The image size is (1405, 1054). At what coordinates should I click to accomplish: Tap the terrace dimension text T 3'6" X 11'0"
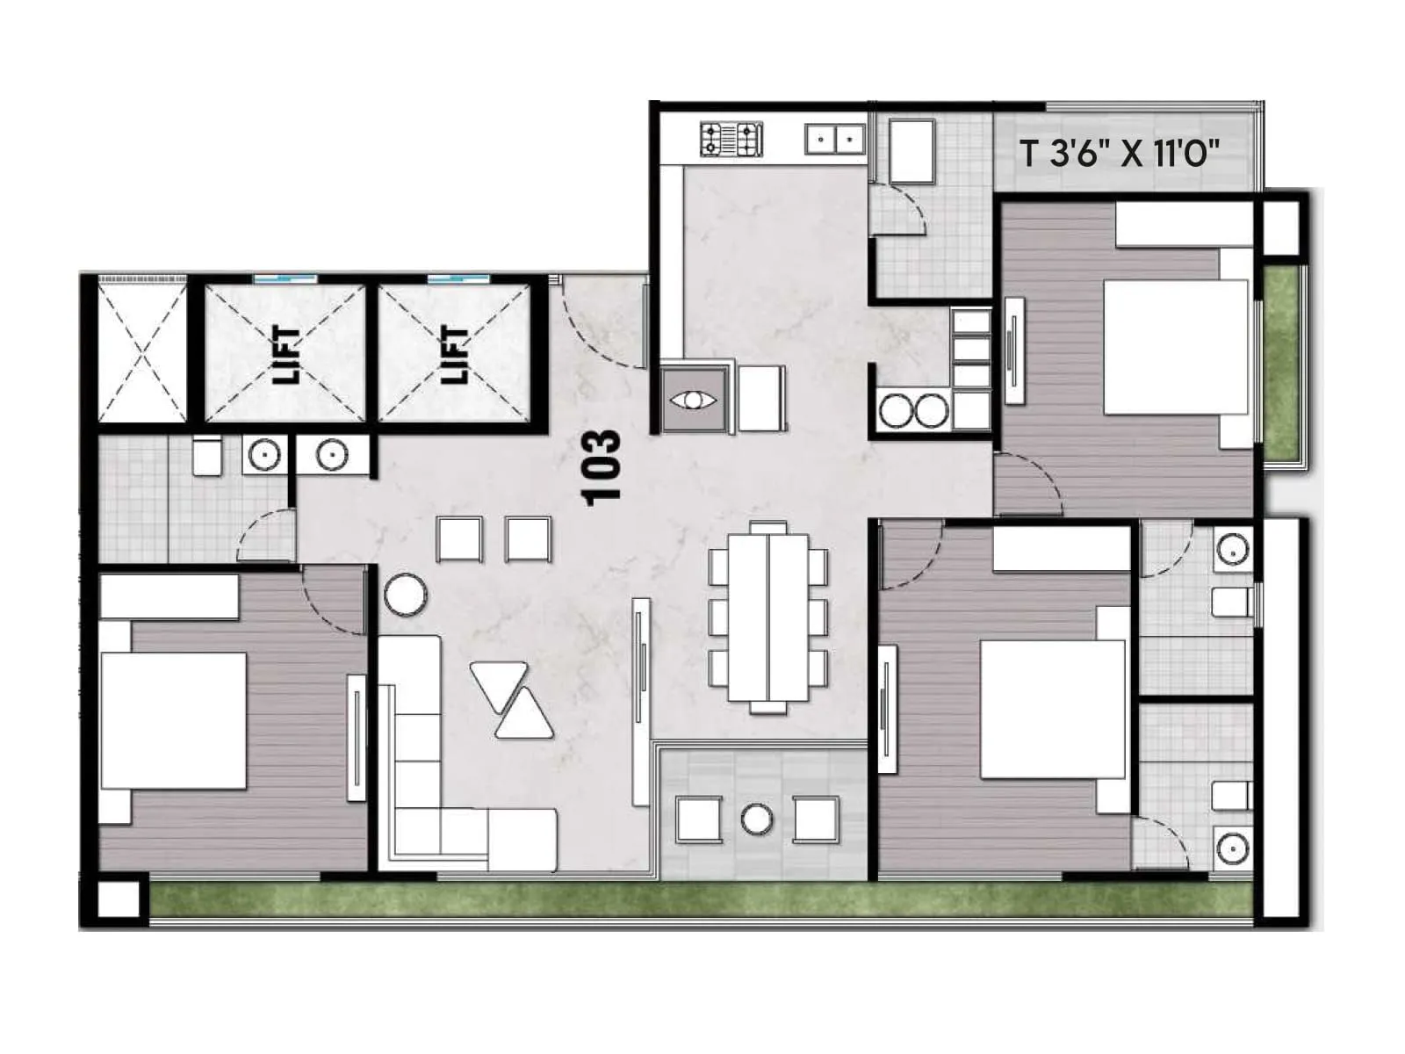(x=1120, y=154)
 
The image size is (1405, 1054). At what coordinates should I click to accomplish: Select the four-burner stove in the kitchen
(x=731, y=139)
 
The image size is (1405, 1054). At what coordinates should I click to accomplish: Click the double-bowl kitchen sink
(x=835, y=139)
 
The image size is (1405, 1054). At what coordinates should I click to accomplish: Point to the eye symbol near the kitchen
(x=694, y=401)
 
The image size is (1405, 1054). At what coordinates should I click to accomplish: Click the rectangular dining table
(x=768, y=615)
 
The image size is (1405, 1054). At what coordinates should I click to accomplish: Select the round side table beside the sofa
(x=406, y=594)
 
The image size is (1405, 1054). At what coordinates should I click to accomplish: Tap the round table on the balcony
(x=757, y=819)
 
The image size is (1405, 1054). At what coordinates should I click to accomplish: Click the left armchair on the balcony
(x=699, y=819)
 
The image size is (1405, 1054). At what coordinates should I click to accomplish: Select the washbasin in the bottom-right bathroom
(x=1233, y=848)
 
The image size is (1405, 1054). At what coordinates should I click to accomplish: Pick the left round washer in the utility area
(x=897, y=411)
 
